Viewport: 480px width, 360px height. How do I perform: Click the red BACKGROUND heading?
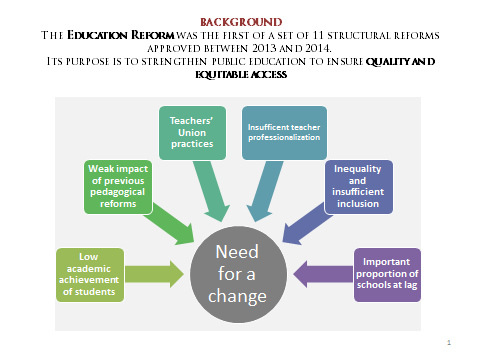coord(241,22)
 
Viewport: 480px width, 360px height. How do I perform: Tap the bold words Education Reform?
coord(121,35)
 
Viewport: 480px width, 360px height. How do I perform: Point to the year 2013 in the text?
coord(265,48)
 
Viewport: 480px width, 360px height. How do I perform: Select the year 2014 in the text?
coord(319,48)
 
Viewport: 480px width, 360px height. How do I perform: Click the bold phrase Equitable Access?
coord(241,74)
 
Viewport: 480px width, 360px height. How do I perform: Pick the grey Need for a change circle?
coord(238,274)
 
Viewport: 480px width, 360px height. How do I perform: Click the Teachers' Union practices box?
coord(192,133)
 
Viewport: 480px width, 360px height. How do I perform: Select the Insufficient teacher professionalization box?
coord(284,133)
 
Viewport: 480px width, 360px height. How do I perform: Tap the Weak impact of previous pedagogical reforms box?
coord(118,187)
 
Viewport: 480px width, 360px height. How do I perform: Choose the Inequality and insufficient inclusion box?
coord(358,187)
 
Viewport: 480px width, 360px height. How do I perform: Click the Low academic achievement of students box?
coord(90,275)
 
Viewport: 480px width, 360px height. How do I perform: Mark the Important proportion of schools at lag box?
coord(387,275)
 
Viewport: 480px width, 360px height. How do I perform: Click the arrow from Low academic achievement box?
coord(154,274)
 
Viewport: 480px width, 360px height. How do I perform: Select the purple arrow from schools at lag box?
coord(323,274)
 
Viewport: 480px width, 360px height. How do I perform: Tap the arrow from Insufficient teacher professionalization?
coord(265,191)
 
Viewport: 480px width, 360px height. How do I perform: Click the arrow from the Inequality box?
coord(307,225)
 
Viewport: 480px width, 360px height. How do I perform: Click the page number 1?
coord(449,342)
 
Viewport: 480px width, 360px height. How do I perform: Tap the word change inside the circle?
coord(237,296)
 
